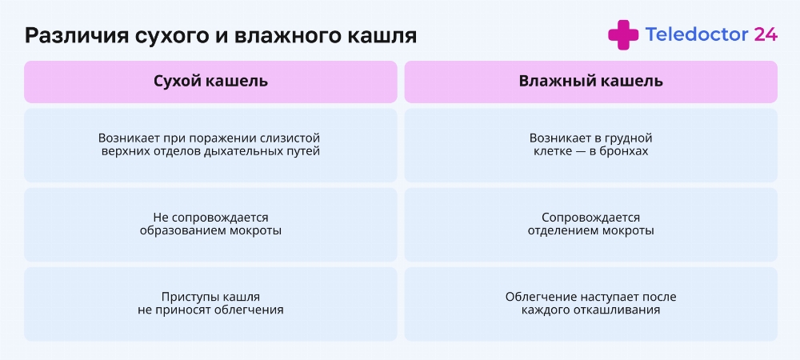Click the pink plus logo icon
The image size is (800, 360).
point(623,34)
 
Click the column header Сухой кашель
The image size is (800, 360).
point(210,81)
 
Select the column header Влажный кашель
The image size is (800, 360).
point(591,81)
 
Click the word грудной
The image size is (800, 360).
point(629,138)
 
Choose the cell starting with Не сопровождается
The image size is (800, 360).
point(210,224)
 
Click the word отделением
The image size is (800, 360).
point(558,231)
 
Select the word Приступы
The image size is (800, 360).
point(186,297)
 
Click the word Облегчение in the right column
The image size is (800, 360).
point(534,297)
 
